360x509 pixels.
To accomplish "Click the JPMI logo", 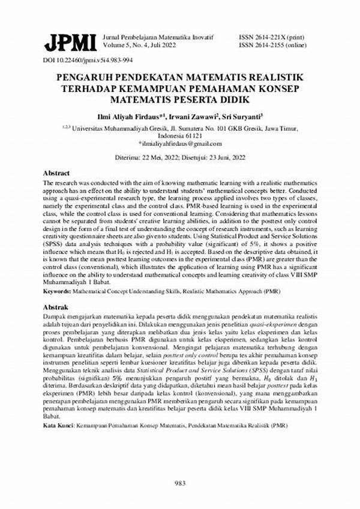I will [x=70, y=43].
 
